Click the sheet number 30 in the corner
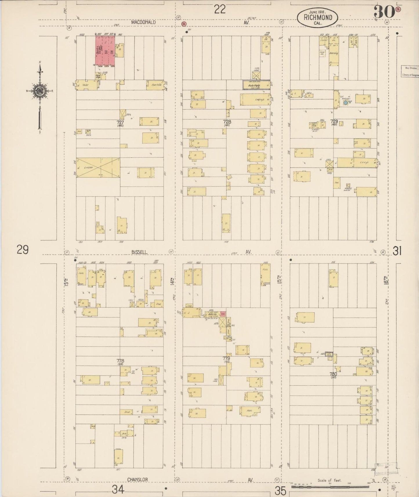pos(384,12)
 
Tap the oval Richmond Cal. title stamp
pos(318,17)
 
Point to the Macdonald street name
pos(143,22)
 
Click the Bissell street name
pos(139,252)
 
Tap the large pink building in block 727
pos(105,51)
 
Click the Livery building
pos(98,168)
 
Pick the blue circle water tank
pos(345,102)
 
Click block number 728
pos(227,122)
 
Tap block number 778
pos(120,361)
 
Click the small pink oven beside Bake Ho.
pos(223,314)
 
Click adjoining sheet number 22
pos(220,10)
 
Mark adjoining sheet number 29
pos(22,250)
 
